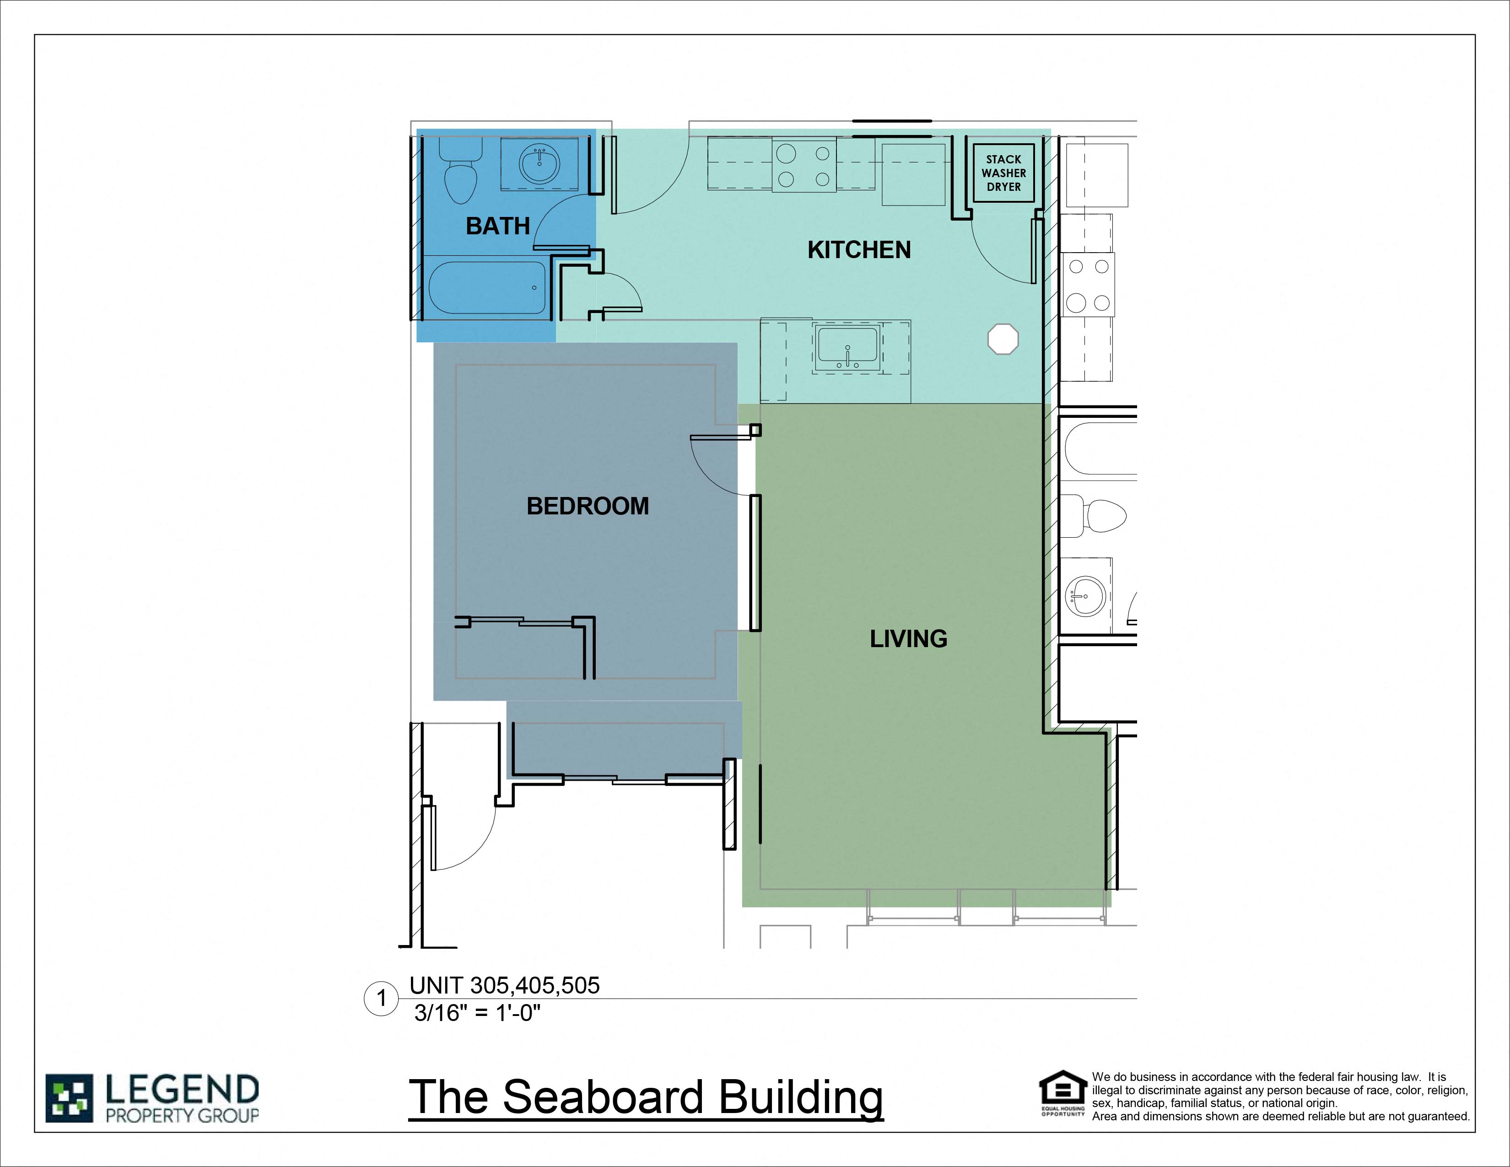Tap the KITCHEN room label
[859, 249]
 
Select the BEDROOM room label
[588, 506]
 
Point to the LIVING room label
[908, 638]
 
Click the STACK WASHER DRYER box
[1003, 173]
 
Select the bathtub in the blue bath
[487, 287]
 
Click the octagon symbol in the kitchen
[1003, 339]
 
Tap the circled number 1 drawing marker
[381, 998]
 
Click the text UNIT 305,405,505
[504, 985]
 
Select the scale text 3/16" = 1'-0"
[477, 1013]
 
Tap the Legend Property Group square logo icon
[69, 1098]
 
